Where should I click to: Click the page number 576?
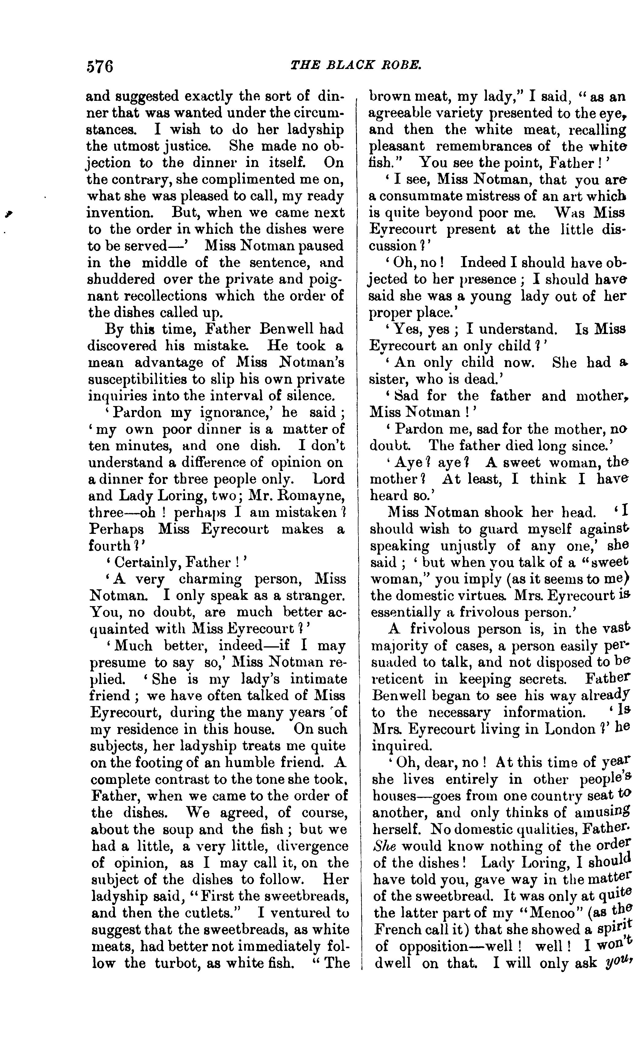click(x=100, y=66)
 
